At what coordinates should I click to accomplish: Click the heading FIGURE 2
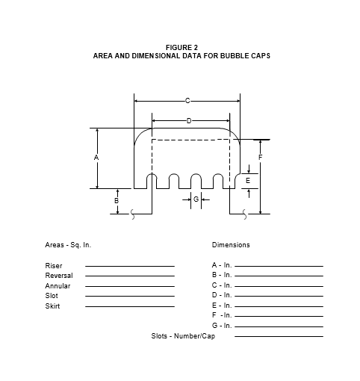pyautogui.click(x=181, y=47)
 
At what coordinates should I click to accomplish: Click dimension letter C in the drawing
pyautogui.click(x=187, y=101)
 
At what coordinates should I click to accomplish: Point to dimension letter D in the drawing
pyautogui.click(x=189, y=121)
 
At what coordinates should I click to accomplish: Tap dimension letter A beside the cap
pyautogui.click(x=96, y=158)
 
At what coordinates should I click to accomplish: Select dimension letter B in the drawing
pyautogui.click(x=117, y=200)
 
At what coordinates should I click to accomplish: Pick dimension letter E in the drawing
pyautogui.click(x=248, y=181)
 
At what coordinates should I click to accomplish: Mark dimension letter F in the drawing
pyautogui.click(x=261, y=158)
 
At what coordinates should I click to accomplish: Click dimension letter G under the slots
pyautogui.click(x=196, y=199)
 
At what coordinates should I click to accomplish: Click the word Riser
pyautogui.click(x=54, y=266)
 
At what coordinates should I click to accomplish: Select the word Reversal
pyautogui.click(x=59, y=276)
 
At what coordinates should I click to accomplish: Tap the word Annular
pyautogui.click(x=58, y=286)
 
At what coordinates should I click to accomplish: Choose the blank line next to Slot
pyautogui.click(x=130, y=296)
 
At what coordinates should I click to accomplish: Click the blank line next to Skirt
pyautogui.click(x=130, y=306)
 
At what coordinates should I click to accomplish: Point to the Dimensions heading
pyautogui.click(x=231, y=245)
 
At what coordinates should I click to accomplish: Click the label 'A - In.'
pyautogui.click(x=222, y=265)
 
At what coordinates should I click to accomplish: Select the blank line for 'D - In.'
pyautogui.click(x=279, y=296)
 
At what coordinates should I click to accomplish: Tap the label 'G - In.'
pyautogui.click(x=222, y=326)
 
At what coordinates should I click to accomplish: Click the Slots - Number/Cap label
pyautogui.click(x=183, y=336)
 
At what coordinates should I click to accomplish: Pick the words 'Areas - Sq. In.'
pyautogui.click(x=68, y=245)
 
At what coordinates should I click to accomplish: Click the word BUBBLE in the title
pyautogui.click(x=235, y=55)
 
